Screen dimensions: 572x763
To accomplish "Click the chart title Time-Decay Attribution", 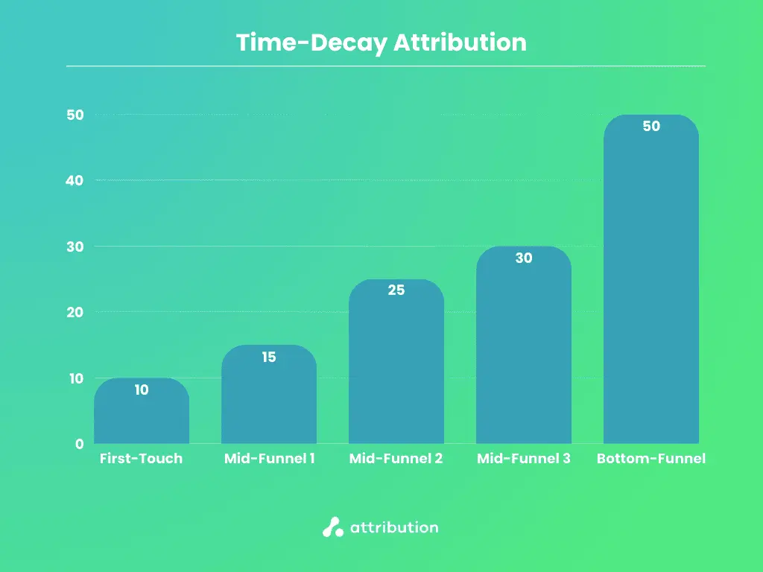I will point(381,42).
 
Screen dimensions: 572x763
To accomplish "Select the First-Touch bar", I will point(142,417).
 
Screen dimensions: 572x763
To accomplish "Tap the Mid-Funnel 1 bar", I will point(269,402).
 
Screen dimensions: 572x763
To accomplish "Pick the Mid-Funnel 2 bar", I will point(396,372).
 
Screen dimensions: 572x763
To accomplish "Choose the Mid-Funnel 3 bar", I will point(524,357).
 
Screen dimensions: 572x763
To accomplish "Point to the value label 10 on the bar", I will point(142,390).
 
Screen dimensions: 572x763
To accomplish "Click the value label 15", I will point(269,357).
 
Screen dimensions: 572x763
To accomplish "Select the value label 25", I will point(396,290).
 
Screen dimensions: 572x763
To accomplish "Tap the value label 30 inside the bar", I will point(524,258).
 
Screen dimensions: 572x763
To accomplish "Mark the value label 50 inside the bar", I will point(651,127).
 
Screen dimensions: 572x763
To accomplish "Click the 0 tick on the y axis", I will point(79,444).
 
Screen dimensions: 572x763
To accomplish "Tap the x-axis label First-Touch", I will point(141,459).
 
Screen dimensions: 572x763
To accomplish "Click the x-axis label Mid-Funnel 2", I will point(396,459).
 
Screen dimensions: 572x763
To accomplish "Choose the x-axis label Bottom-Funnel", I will point(650,459).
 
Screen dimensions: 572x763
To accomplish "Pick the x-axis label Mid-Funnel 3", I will point(523,459).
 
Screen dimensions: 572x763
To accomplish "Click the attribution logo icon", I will point(332,527).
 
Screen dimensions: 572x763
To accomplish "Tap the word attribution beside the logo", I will point(394,527).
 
